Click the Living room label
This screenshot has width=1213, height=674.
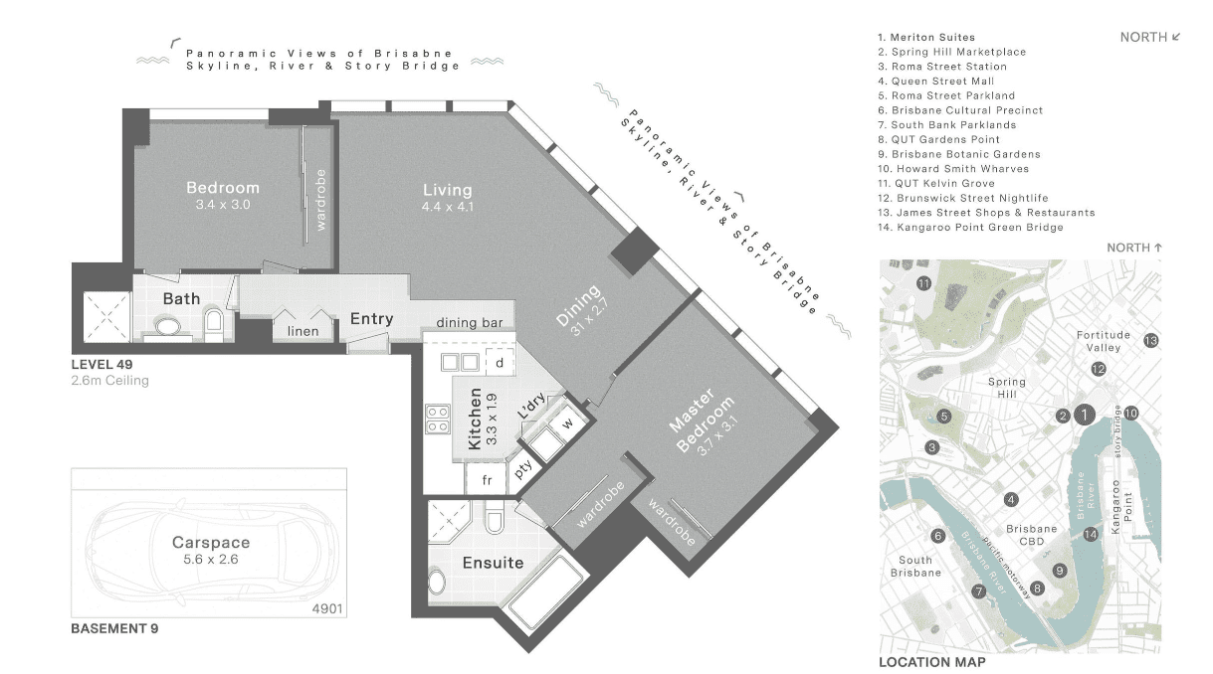[448, 190]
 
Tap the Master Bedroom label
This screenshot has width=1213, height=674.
[702, 421]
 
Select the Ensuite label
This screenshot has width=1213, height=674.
[493, 563]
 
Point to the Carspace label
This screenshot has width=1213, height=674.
[211, 542]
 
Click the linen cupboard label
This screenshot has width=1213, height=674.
[303, 331]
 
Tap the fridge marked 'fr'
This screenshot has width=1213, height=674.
[487, 479]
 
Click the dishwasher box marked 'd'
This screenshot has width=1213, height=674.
[500, 363]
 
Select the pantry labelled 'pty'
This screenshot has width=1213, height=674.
[523, 468]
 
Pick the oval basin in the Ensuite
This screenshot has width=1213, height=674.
[437, 583]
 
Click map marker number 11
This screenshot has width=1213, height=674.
[923, 283]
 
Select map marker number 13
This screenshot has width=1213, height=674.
[1150, 341]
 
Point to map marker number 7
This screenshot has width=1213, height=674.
[978, 591]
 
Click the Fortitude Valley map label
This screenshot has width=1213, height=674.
[1104, 341]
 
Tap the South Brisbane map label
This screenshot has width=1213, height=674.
[915, 567]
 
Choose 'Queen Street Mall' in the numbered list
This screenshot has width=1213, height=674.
[942, 82]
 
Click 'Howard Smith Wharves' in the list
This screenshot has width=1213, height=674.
[962, 169]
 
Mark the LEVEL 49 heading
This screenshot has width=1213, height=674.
[101, 365]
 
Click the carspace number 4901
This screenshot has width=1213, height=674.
[327, 608]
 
